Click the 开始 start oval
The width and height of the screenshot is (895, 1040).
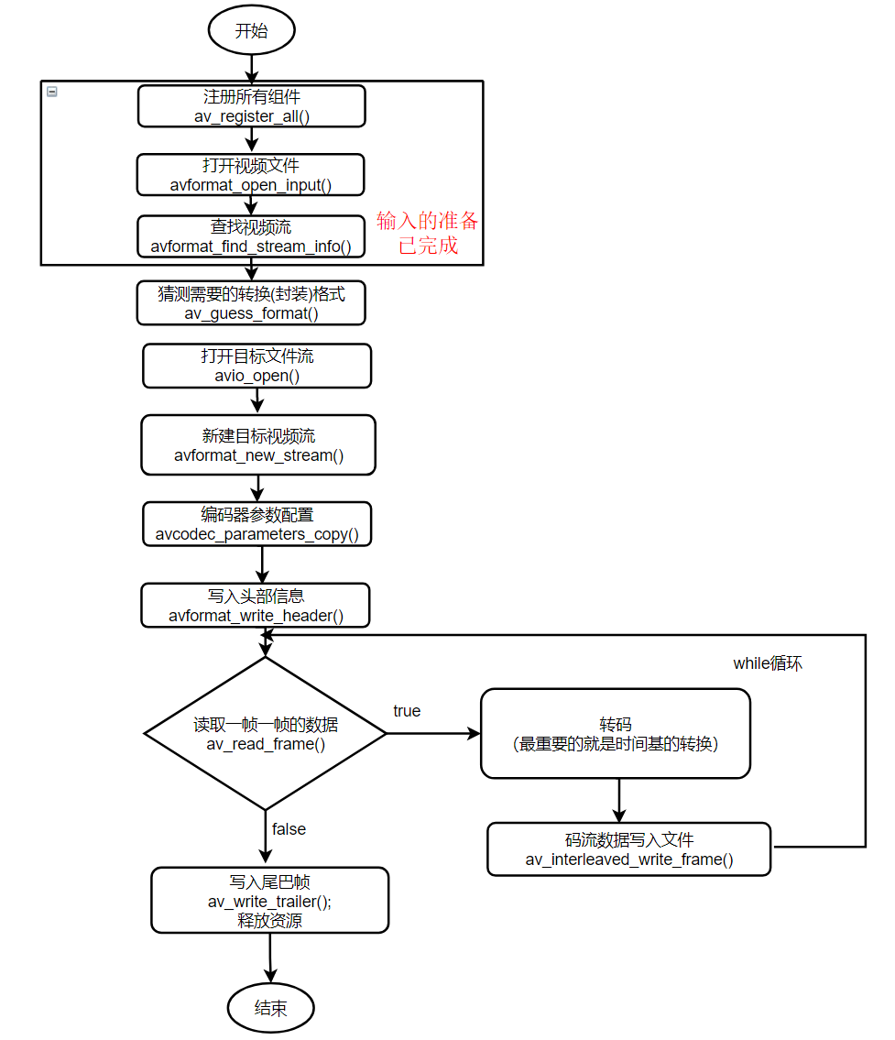(x=252, y=31)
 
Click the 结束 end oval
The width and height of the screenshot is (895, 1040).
(x=270, y=1008)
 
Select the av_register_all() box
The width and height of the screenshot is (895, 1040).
(x=252, y=106)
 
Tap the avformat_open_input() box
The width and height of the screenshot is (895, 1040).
(x=251, y=174)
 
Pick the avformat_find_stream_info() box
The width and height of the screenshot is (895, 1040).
(x=251, y=236)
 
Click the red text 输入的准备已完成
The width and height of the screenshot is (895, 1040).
(x=428, y=233)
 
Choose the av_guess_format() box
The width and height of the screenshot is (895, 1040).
(x=251, y=303)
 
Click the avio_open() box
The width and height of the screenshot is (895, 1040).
(x=257, y=366)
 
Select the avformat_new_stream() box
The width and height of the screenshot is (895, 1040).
(x=258, y=445)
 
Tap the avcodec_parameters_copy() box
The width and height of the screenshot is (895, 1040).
(x=257, y=524)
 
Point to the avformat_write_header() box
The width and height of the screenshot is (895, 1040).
(x=256, y=606)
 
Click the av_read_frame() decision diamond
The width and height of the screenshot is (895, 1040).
(x=266, y=733)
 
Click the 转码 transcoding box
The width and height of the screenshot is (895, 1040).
(x=615, y=733)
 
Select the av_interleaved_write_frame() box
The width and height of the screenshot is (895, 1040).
(x=628, y=848)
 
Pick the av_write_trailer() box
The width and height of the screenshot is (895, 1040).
(x=269, y=901)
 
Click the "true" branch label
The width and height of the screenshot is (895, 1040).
(x=407, y=711)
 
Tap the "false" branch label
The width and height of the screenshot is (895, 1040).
(x=289, y=828)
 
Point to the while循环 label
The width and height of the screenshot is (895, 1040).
(x=767, y=663)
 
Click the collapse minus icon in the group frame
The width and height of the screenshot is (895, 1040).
(x=52, y=92)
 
